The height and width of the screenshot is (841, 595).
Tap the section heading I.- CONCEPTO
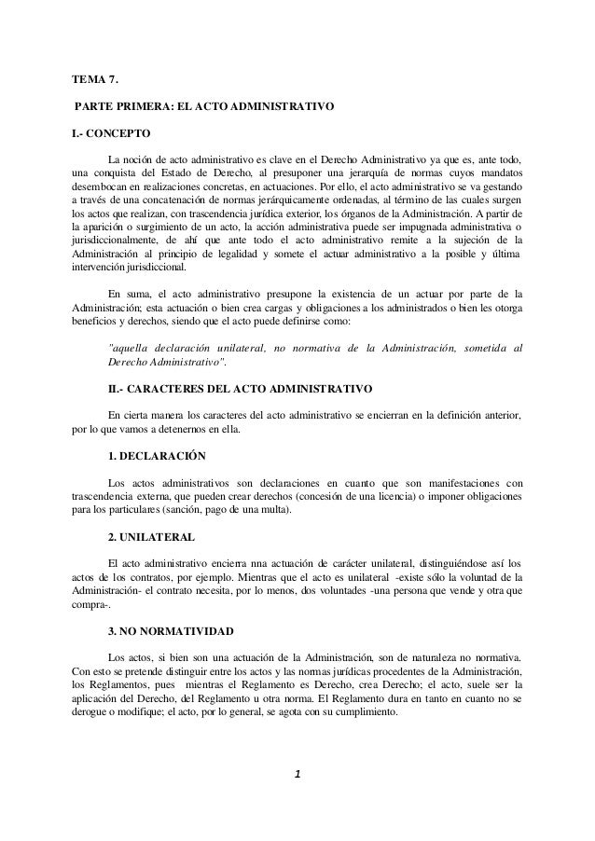pos(110,134)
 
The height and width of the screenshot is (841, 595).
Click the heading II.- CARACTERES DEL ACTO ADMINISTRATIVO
pos(241,387)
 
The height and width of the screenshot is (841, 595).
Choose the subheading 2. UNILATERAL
pos(151,539)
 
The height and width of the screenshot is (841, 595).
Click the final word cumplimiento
pos(367,711)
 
